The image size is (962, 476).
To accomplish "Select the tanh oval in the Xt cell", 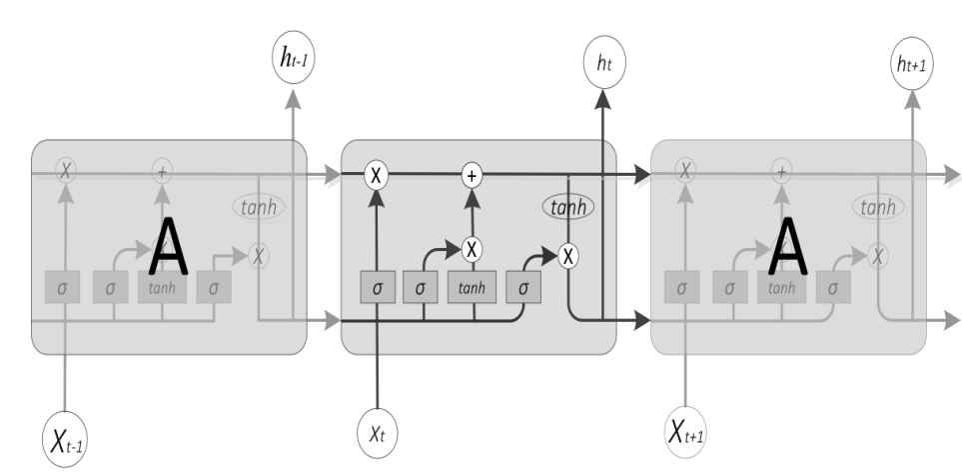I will click(x=568, y=207).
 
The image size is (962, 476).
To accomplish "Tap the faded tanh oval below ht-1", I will click(x=259, y=207).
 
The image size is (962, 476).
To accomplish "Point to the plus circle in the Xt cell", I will click(x=472, y=175).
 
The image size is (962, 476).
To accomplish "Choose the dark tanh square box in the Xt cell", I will click(x=472, y=288).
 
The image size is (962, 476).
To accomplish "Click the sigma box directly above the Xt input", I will click(x=378, y=288).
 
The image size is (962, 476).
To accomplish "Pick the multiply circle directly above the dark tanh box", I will click(x=472, y=246).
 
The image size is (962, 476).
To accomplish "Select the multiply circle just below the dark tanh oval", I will click(x=568, y=255).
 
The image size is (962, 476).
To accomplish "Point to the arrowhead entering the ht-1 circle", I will click(x=294, y=96).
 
